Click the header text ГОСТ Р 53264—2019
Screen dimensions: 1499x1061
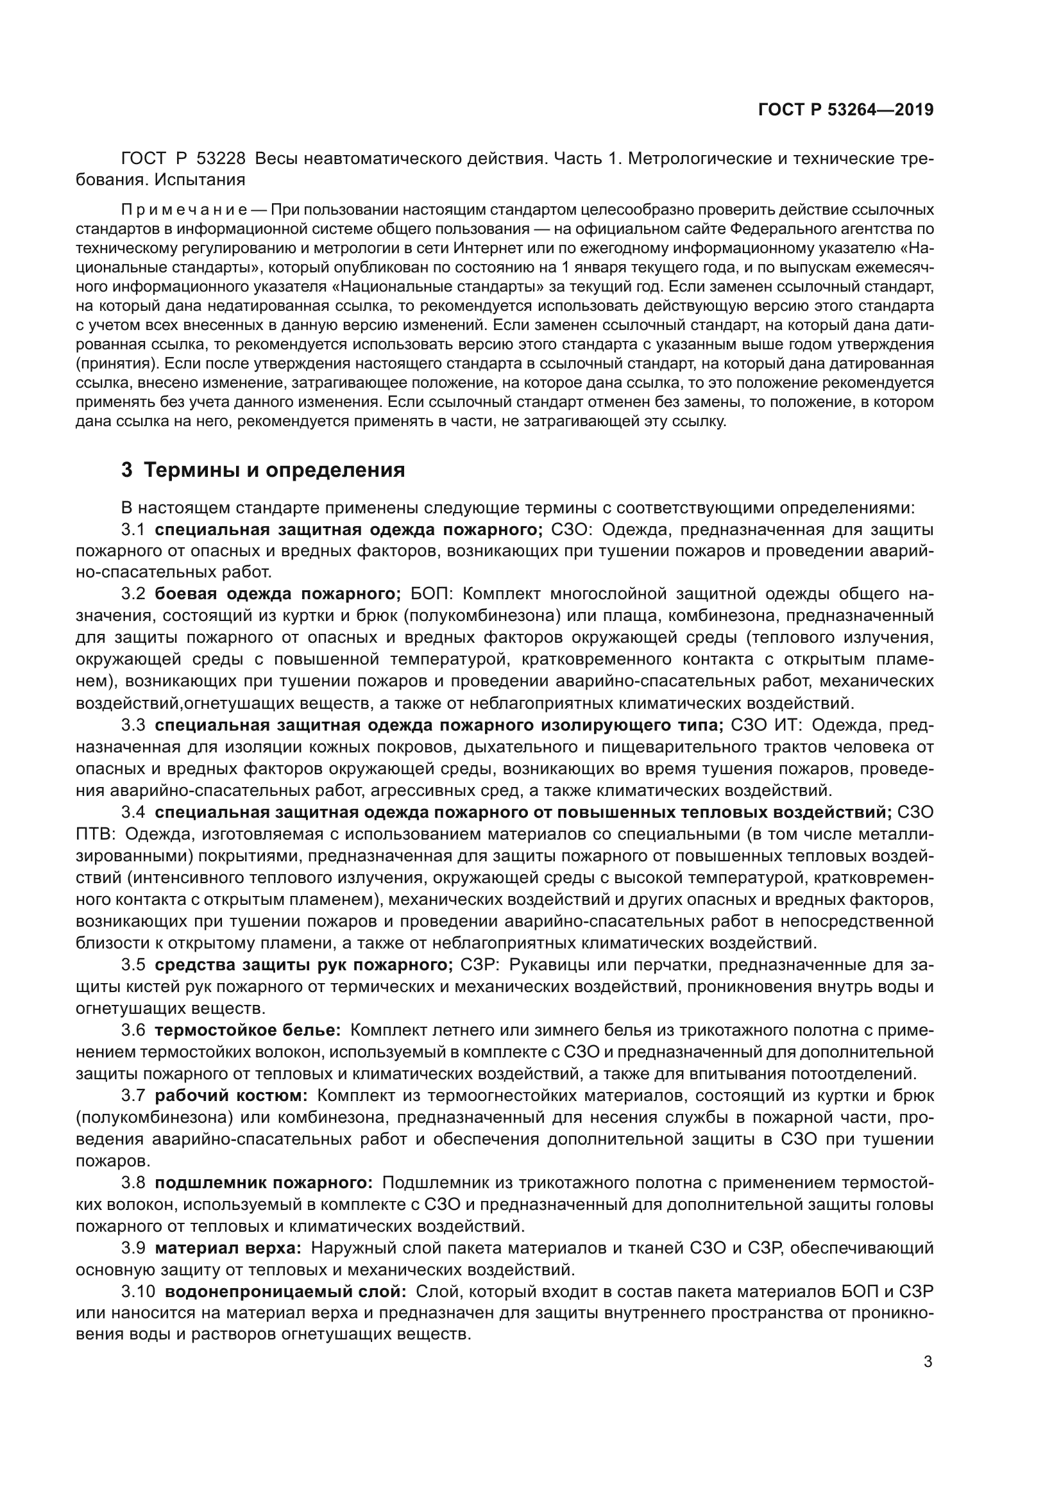click(x=845, y=110)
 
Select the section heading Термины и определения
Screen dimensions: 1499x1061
click(x=274, y=470)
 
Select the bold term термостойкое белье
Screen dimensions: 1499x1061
click(x=248, y=1031)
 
